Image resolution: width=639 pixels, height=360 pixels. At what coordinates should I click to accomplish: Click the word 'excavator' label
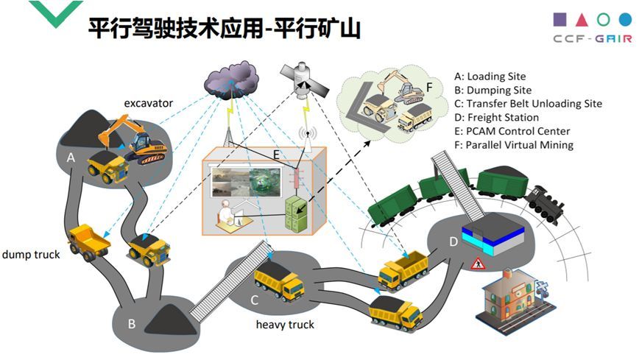point(148,103)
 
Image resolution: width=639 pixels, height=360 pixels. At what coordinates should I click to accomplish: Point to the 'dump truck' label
point(31,255)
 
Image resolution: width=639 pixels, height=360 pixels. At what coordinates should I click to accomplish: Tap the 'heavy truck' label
point(285,324)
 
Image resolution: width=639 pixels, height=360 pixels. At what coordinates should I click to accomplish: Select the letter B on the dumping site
point(131,322)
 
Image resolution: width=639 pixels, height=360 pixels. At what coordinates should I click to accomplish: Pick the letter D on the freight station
point(453,241)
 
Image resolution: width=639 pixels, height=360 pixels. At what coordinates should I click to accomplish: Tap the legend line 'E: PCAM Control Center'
point(512,131)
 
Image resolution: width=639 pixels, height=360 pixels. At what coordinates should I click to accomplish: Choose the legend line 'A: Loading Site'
point(490,76)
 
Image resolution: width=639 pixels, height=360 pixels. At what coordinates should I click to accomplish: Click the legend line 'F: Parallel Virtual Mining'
point(514,145)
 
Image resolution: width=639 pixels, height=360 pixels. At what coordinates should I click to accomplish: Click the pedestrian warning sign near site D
point(476,263)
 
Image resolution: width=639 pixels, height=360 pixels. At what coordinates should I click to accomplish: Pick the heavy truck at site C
point(279,282)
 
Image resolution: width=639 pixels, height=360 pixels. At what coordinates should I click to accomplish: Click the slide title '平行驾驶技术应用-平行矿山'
point(225,29)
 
